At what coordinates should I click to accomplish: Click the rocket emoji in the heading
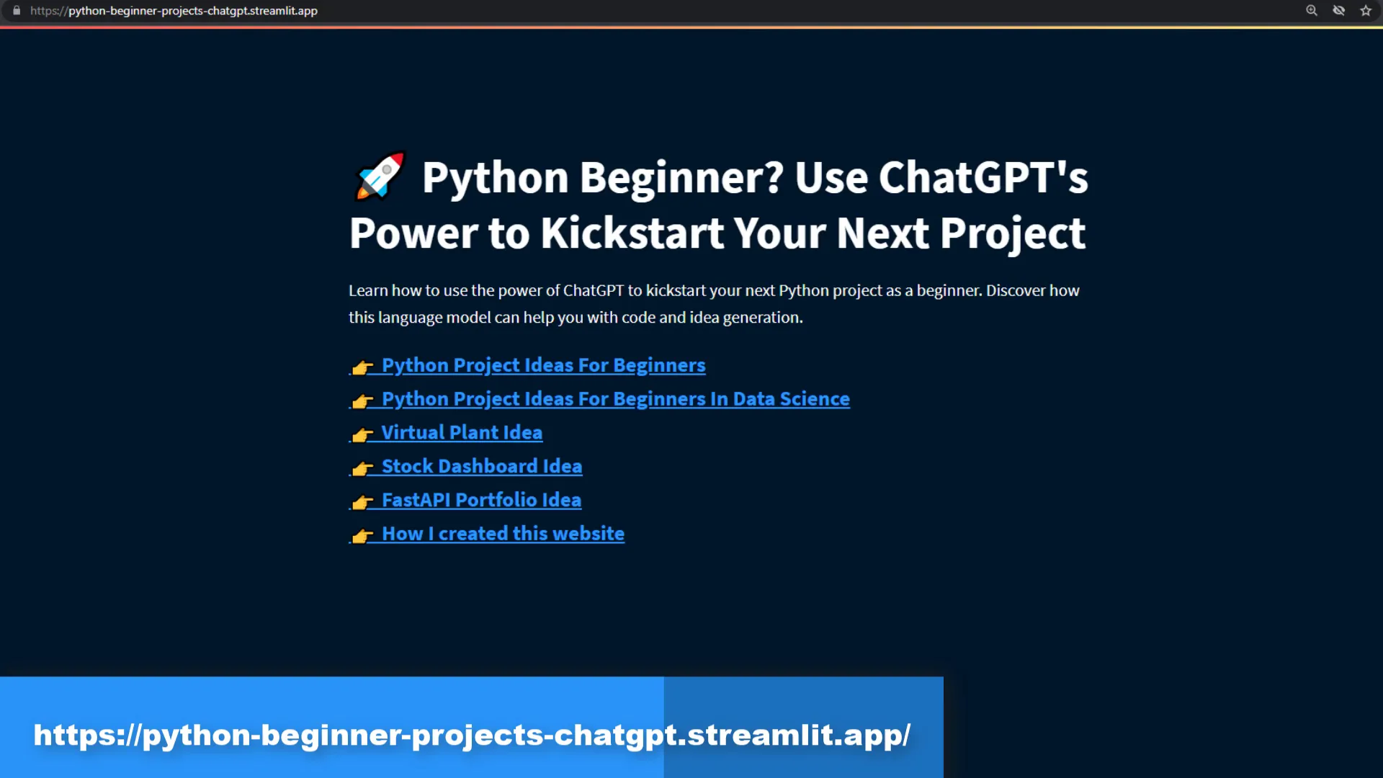pos(380,176)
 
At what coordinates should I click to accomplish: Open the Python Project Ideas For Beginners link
pos(543,365)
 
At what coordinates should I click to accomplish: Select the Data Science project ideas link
pos(616,399)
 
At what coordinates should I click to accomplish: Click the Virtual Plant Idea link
pos(462,432)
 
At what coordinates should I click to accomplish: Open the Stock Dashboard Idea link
pos(482,466)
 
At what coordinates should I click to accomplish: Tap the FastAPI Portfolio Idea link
pos(481,500)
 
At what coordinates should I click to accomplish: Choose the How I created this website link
pos(503,534)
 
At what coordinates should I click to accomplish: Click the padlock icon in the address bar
pos(17,11)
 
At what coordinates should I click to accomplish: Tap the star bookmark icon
pos(1366,11)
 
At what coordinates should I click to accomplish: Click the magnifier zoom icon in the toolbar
pos(1312,11)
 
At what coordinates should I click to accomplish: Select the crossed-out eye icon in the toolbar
pos(1339,11)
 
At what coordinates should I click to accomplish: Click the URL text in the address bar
pos(174,11)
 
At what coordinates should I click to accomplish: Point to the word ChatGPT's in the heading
pos(983,177)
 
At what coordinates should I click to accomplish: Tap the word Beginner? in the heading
pos(681,177)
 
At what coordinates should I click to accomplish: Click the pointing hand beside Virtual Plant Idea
pos(362,434)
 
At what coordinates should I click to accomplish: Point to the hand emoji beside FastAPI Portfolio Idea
pos(362,502)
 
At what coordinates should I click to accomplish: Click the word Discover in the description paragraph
pos(1015,290)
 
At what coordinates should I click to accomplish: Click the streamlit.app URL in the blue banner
pos(472,735)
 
